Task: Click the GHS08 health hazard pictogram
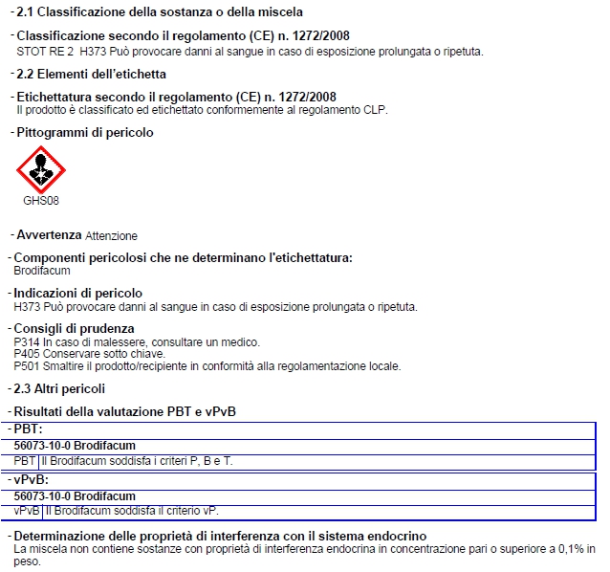click(x=40, y=169)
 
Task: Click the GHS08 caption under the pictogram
click(x=40, y=202)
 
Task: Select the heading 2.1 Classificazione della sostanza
click(x=160, y=12)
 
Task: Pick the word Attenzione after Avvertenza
click(x=111, y=236)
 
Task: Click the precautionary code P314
click(x=27, y=342)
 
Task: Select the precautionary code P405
click(x=27, y=354)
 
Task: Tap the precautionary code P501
click(x=27, y=366)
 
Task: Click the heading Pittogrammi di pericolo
click(x=84, y=133)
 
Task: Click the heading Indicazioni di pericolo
click(x=78, y=293)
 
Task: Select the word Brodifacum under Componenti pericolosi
click(x=42, y=271)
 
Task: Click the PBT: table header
click(x=29, y=430)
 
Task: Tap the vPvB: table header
click(x=32, y=479)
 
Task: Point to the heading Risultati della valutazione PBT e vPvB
click(x=124, y=411)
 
